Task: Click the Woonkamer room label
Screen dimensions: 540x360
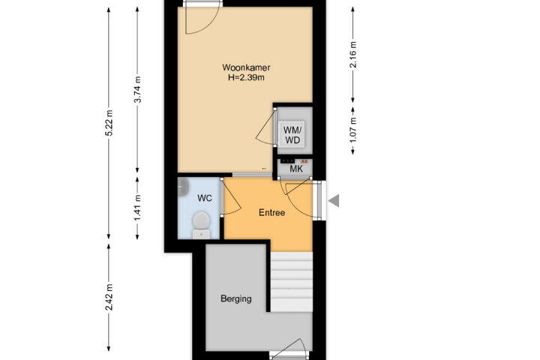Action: (x=246, y=67)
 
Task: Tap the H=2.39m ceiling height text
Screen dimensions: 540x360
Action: (x=246, y=77)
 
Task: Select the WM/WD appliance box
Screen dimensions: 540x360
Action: (x=292, y=135)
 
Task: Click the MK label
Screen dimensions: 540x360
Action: (x=296, y=169)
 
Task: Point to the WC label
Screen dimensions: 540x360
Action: (x=204, y=199)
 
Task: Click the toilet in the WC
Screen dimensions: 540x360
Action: (x=202, y=225)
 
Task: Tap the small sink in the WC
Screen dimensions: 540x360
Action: (x=183, y=187)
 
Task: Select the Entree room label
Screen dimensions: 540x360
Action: (x=271, y=212)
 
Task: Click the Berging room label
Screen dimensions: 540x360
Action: (x=236, y=298)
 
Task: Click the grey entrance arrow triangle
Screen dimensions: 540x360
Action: (x=334, y=200)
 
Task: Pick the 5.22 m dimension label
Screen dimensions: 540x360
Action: (x=109, y=123)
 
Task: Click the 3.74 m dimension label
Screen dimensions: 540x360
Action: (x=138, y=89)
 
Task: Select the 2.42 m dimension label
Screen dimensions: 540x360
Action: (x=109, y=297)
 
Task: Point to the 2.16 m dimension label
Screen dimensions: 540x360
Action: (x=353, y=55)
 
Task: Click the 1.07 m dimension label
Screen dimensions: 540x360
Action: (x=353, y=130)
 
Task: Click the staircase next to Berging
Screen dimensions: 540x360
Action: (x=291, y=282)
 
